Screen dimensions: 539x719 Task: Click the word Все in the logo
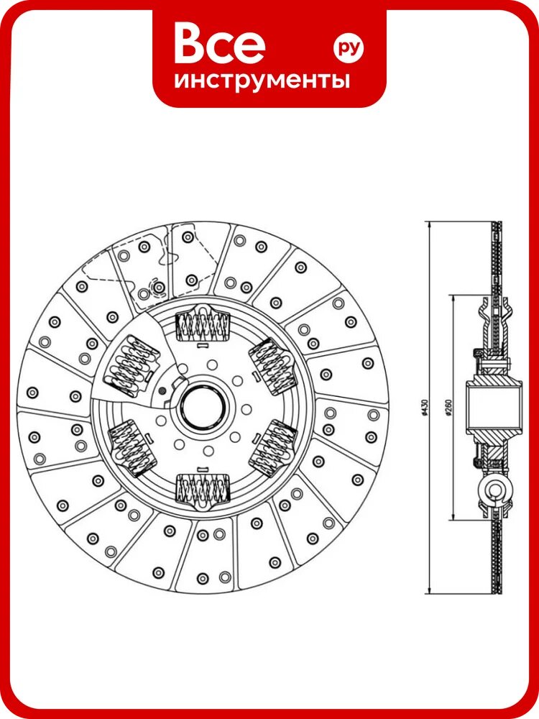pyautogui.click(x=219, y=44)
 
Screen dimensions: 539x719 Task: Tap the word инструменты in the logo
pyautogui.click(x=262, y=81)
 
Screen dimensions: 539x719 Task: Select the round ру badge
pyautogui.click(x=348, y=47)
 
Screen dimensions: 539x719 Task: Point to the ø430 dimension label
pyautogui.click(x=425, y=407)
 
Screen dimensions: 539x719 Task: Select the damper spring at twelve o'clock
pyautogui.click(x=202, y=325)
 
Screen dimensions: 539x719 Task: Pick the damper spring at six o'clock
pyautogui.click(x=203, y=490)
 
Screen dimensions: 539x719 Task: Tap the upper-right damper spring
pyautogui.click(x=272, y=365)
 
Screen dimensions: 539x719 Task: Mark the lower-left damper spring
pyautogui.click(x=131, y=448)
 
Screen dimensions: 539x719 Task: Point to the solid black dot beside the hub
pyautogui.click(x=161, y=390)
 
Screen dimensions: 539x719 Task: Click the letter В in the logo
pyautogui.click(x=190, y=44)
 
